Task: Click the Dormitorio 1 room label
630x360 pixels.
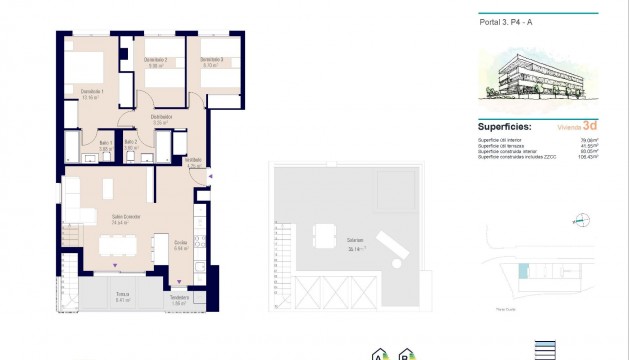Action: click(93, 92)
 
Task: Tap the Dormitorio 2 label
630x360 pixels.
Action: click(155, 62)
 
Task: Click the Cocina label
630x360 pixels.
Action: click(181, 242)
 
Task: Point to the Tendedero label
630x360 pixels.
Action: click(179, 296)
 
